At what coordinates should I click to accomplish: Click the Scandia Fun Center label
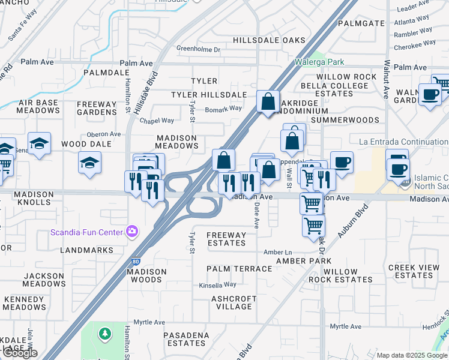point(86,232)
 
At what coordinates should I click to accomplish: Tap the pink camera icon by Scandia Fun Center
point(131,232)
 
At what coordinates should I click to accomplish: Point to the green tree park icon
point(105,332)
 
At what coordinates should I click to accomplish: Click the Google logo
point(19,353)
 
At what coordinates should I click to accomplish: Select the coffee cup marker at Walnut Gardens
point(429,94)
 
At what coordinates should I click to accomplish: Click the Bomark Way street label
point(223,109)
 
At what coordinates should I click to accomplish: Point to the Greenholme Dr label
point(199,49)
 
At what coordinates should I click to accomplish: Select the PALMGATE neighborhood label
point(361,23)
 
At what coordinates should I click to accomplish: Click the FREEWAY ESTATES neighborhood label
point(226,239)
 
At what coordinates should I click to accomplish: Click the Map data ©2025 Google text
point(411,355)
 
